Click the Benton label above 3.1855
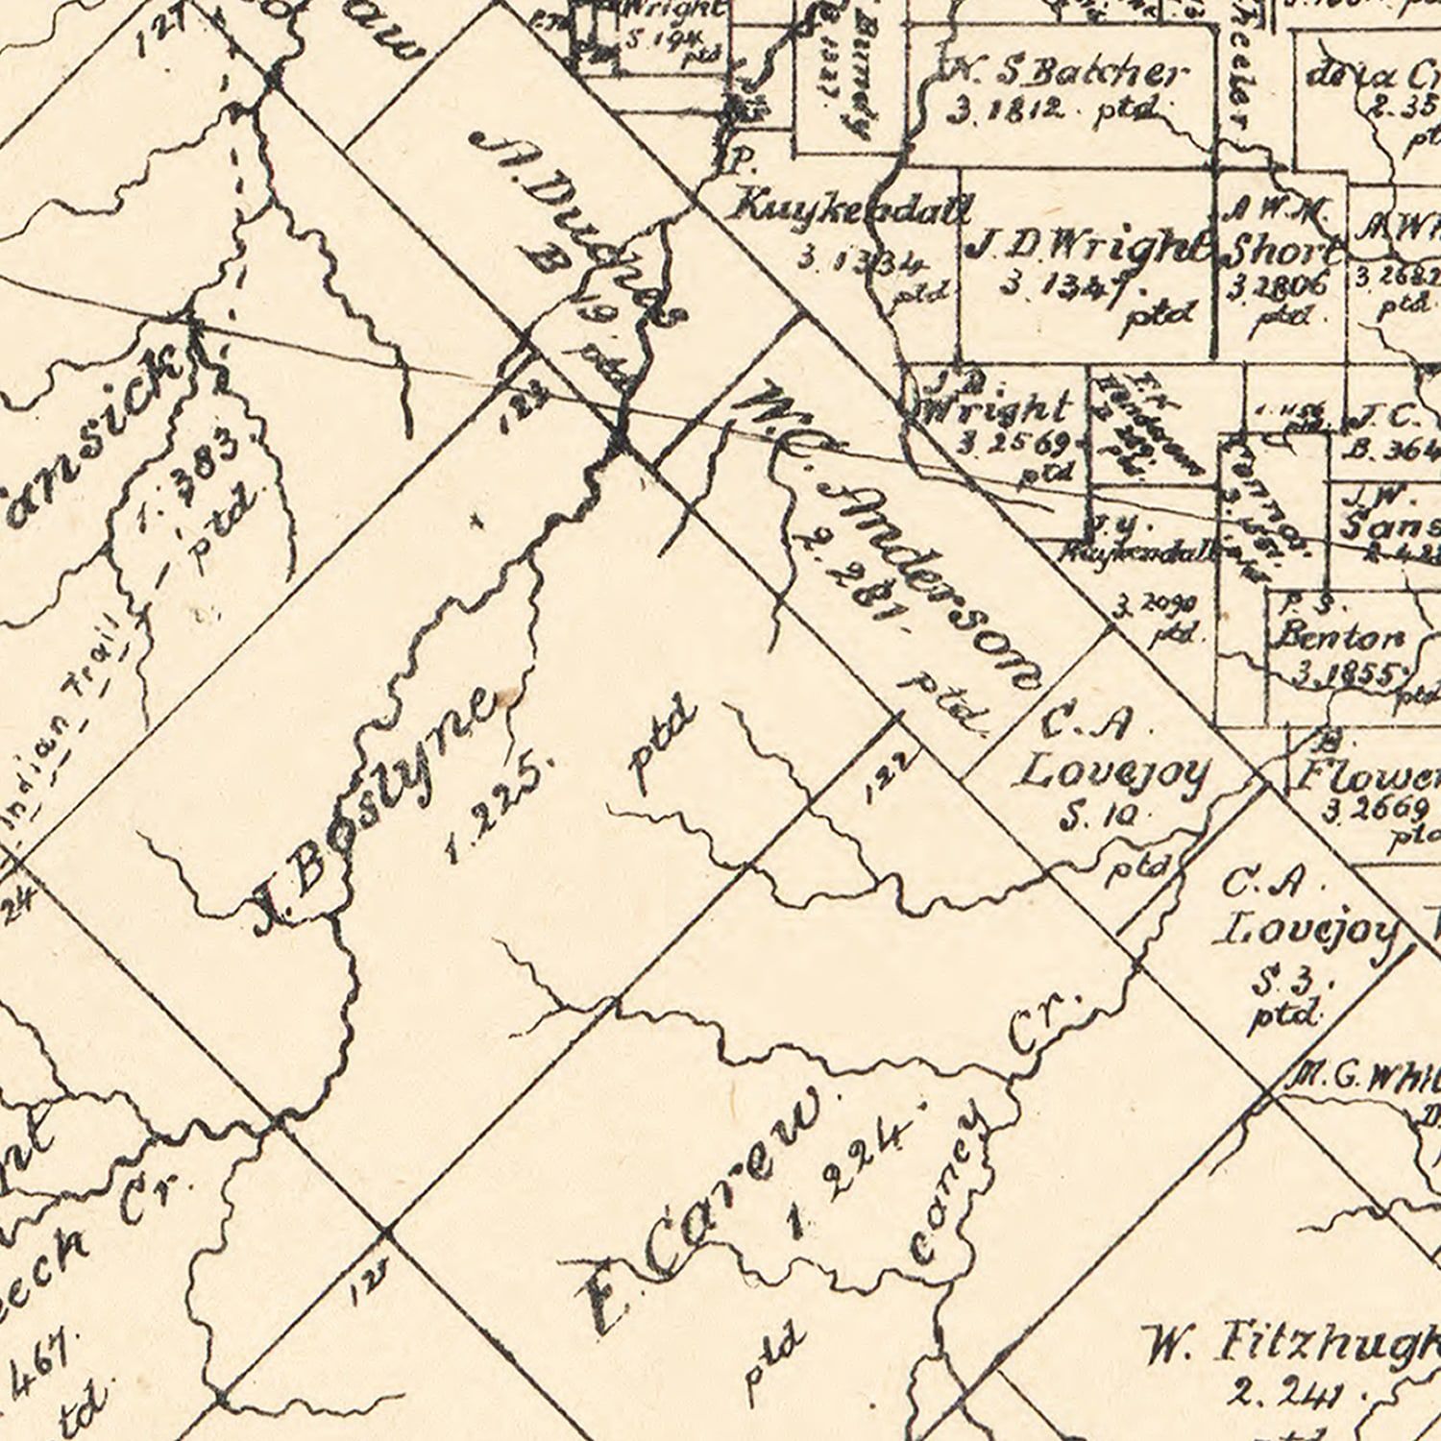1340,637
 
